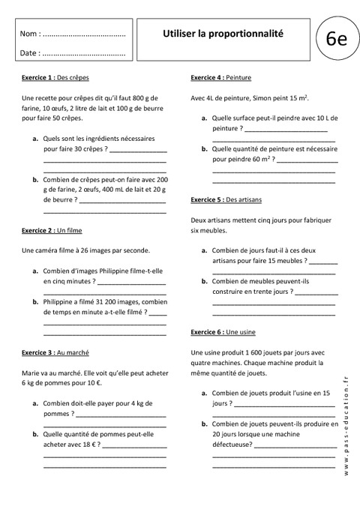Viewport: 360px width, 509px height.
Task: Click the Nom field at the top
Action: click(73, 34)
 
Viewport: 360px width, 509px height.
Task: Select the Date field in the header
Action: click(73, 53)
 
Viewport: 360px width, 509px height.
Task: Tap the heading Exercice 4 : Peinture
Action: click(221, 77)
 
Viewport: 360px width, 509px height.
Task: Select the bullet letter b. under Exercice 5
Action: click(204, 281)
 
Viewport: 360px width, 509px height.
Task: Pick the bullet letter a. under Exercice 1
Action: click(36, 139)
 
